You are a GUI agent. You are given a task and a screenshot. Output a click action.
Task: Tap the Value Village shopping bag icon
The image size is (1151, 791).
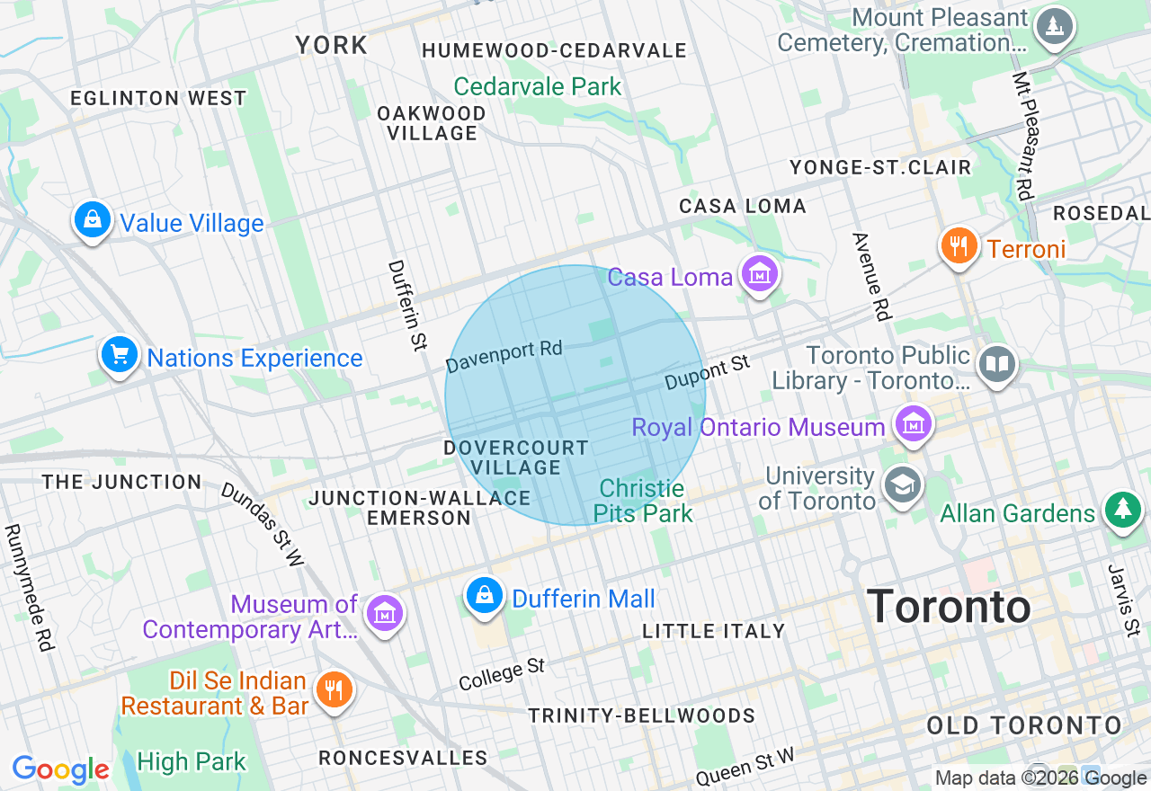click(92, 219)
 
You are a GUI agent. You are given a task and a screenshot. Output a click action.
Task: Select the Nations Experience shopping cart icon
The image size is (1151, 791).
click(119, 354)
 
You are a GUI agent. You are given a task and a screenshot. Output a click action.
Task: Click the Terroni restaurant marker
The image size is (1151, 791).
click(959, 245)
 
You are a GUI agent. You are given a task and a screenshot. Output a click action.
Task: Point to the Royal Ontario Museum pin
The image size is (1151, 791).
click(914, 423)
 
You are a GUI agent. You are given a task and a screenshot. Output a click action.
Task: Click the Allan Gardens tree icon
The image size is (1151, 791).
click(1122, 510)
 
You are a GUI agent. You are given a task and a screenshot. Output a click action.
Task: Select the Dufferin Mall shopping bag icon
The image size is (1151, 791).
click(485, 595)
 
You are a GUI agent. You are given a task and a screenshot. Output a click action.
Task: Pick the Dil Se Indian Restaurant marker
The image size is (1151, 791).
click(334, 690)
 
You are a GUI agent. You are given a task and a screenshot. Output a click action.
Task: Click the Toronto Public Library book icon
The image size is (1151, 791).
click(996, 365)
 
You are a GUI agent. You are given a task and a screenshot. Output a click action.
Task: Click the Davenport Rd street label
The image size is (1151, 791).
click(504, 357)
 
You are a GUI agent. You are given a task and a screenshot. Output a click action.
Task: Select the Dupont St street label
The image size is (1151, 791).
click(707, 372)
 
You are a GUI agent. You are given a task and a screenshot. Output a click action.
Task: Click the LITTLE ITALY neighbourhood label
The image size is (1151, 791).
click(714, 631)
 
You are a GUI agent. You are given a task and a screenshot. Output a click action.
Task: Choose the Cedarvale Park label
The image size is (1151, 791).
click(538, 86)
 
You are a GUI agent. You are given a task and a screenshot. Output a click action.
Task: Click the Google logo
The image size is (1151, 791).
click(60, 769)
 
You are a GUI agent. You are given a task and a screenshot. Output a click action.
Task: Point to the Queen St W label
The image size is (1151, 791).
click(746, 765)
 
